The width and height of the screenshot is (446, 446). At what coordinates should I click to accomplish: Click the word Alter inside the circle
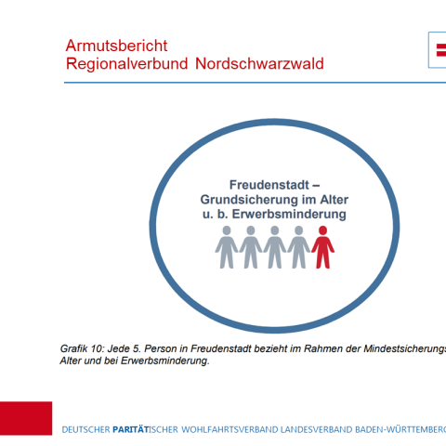pos(331,200)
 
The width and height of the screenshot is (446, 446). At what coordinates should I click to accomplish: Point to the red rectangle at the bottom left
pos(26,418)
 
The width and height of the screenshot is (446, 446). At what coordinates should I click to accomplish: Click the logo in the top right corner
pos(436,48)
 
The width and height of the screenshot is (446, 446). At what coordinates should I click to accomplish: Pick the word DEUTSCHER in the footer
pos(85,429)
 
